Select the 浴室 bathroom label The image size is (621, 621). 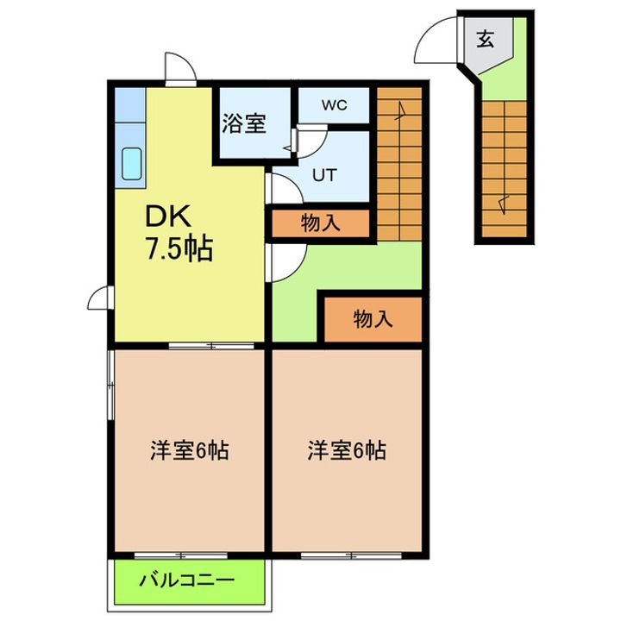pos(243,123)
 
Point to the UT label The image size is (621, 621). pos(323,174)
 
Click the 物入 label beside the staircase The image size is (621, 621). pos(320,223)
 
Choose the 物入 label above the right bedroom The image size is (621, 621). pos(373,319)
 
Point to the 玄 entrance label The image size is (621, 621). pos(486,39)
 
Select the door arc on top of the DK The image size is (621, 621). pos(178,69)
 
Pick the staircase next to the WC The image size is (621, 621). pos(398,164)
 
